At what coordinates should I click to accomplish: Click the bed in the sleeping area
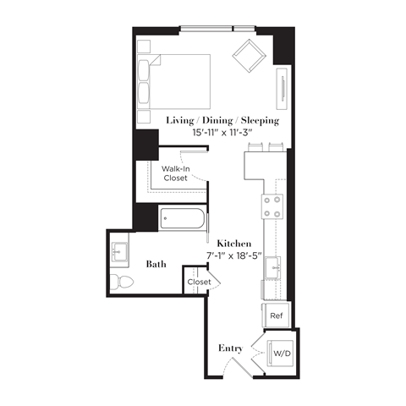178,81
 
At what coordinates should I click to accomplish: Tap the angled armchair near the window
251,57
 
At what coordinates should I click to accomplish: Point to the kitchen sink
274,269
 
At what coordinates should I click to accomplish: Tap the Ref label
276,315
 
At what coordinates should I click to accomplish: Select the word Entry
231,348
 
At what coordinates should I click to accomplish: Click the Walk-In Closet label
174,173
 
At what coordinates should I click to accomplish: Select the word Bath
156,264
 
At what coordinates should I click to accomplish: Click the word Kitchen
233,242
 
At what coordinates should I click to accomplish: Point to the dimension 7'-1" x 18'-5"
233,255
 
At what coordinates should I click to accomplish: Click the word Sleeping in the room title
258,120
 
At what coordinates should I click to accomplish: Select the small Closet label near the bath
200,282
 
